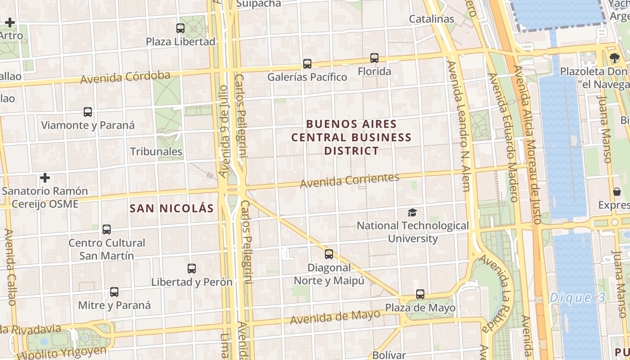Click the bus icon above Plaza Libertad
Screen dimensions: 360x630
pos(180,28)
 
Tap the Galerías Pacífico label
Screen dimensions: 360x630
pos(307,77)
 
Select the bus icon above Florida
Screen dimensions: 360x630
pos(374,58)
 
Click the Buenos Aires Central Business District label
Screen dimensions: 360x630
pos(351,137)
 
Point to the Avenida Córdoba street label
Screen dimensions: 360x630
pos(125,77)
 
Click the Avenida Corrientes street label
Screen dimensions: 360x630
pos(350,180)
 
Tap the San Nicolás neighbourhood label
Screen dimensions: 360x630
pos(171,208)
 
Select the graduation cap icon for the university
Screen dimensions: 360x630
pos(412,212)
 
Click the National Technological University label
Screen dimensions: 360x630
pos(413,232)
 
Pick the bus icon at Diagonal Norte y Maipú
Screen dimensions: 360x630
pos(329,254)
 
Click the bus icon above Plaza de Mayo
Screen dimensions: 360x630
pos(420,294)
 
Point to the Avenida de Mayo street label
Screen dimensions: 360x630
pos(335,317)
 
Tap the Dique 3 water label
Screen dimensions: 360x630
pos(577,297)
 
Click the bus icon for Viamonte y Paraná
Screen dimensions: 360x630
pos(88,112)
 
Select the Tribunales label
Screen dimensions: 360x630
pos(156,152)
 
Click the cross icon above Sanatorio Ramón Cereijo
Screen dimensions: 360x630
pos(45,178)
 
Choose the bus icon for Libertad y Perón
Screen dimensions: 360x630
pos(192,269)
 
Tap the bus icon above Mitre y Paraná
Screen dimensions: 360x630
pos(114,292)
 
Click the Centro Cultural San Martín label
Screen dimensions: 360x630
pos(107,249)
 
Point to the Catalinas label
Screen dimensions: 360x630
pos(432,19)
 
